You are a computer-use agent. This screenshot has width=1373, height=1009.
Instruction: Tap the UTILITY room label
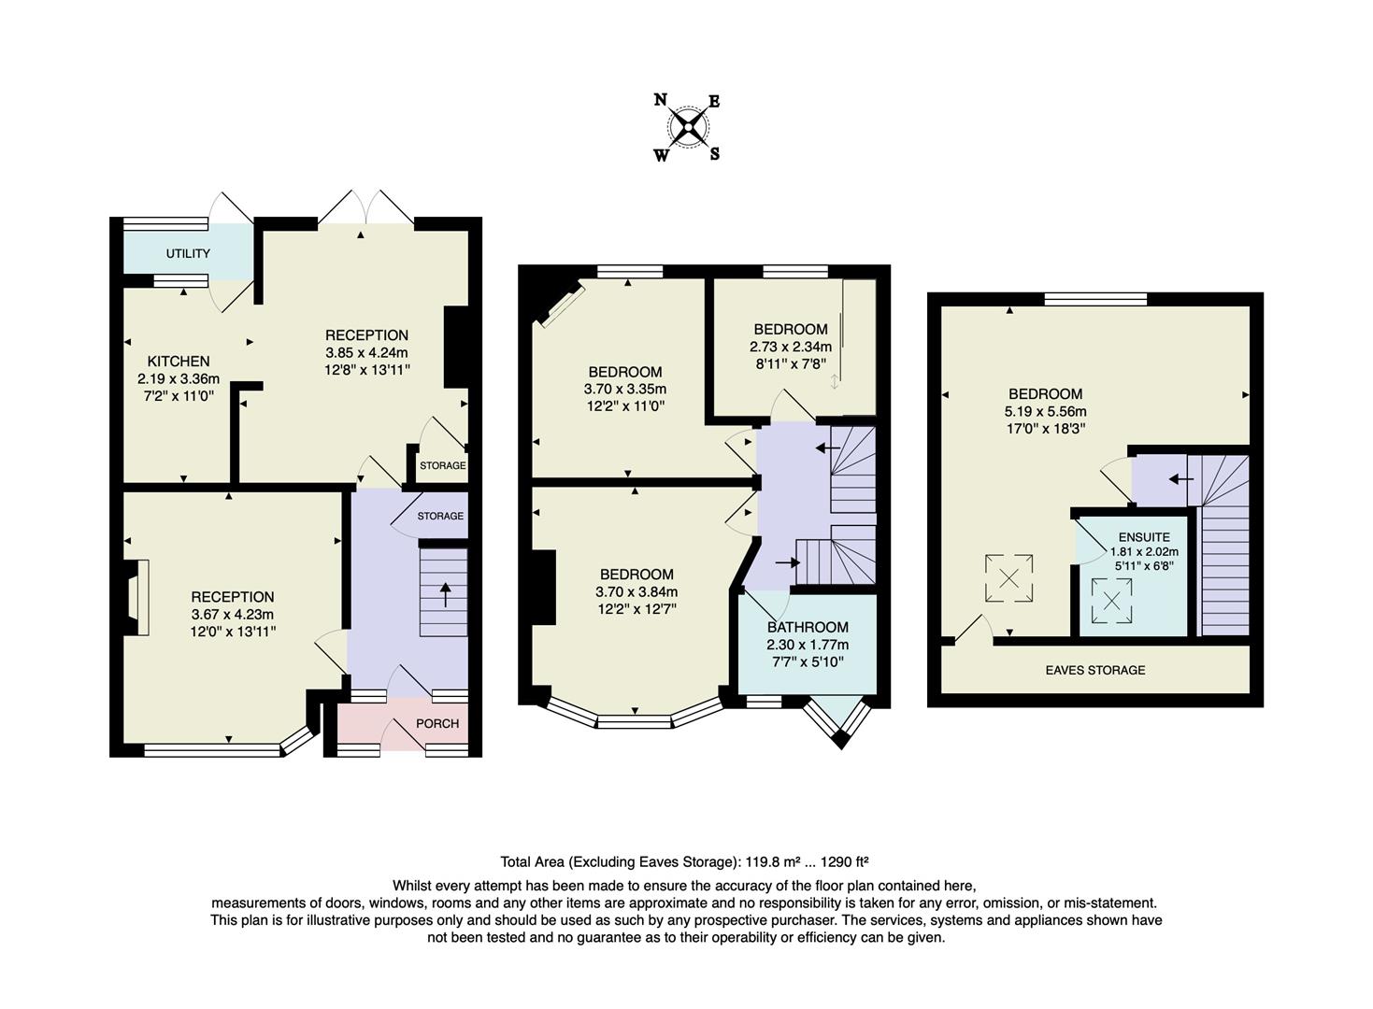(x=188, y=253)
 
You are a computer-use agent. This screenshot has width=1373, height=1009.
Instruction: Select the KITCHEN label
(x=179, y=362)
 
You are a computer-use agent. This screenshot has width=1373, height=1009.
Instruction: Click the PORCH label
(x=437, y=723)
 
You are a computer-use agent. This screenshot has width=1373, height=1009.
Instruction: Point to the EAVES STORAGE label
(x=1095, y=670)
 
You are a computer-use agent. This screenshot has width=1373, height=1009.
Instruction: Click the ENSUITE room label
(x=1144, y=537)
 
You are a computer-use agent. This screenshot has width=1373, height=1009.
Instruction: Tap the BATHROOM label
(x=808, y=628)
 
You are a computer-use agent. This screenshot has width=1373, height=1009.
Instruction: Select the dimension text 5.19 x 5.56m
(x=1046, y=411)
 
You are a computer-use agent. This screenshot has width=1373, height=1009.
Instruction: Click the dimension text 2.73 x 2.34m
(x=791, y=347)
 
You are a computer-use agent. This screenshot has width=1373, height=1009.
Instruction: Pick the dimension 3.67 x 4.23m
(x=233, y=615)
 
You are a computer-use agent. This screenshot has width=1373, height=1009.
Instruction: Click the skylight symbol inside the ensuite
(x=1112, y=601)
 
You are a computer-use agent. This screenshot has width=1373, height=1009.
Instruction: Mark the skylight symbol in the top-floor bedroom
(x=1009, y=578)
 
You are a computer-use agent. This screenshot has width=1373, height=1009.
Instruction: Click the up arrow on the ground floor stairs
(x=444, y=594)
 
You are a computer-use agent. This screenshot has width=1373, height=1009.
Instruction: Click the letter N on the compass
(x=660, y=100)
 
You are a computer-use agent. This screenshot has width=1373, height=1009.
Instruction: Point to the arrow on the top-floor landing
(x=1181, y=479)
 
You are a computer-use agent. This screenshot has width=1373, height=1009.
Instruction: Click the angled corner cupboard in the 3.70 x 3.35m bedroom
(x=561, y=306)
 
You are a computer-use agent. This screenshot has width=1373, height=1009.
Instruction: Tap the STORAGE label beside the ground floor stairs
(x=440, y=516)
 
